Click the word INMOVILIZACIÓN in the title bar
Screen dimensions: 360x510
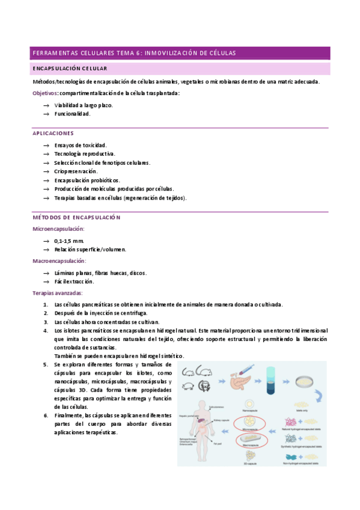coord(174,54)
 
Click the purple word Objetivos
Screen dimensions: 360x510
coord(45,93)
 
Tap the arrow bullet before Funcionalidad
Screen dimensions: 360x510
coord(46,114)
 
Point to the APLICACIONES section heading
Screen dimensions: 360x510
coord(53,133)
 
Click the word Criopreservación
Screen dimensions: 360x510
coord(78,171)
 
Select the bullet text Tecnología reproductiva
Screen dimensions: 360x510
coord(84,154)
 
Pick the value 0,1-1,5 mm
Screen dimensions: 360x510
coord(69,241)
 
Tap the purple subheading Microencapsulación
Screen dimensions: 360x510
coord(58,229)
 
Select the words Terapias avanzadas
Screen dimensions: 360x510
coord(57,293)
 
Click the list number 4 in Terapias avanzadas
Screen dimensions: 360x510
coord(46,331)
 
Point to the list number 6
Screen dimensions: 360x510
coord(46,415)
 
